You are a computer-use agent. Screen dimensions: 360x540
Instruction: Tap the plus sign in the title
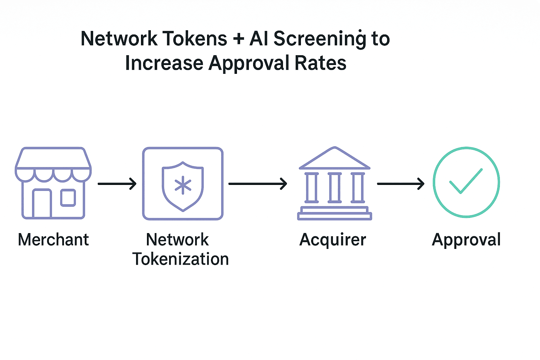(x=238, y=39)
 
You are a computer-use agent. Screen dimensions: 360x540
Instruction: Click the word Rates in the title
(x=320, y=63)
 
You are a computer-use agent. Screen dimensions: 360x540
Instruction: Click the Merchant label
(x=53, y=240)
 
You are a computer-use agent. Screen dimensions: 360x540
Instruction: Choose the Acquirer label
(x=333, y=240)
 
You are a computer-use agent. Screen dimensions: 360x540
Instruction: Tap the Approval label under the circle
(x=466, y=240)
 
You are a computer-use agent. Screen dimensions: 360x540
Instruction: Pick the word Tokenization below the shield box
(x=181, y=259)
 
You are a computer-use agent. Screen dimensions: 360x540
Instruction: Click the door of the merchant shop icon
(x=42, y=204)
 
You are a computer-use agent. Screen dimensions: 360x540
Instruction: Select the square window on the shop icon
(x=68, y=198)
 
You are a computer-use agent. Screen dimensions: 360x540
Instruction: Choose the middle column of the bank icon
(x=334, y=188)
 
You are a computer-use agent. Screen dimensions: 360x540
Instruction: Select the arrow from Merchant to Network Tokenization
(x=117, y=184)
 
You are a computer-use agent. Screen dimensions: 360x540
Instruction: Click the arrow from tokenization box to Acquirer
(x=258, y=184)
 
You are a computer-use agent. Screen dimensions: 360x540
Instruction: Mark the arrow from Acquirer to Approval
(x=401, y=184)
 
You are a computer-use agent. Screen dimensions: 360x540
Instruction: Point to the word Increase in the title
(x=164, y=63)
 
